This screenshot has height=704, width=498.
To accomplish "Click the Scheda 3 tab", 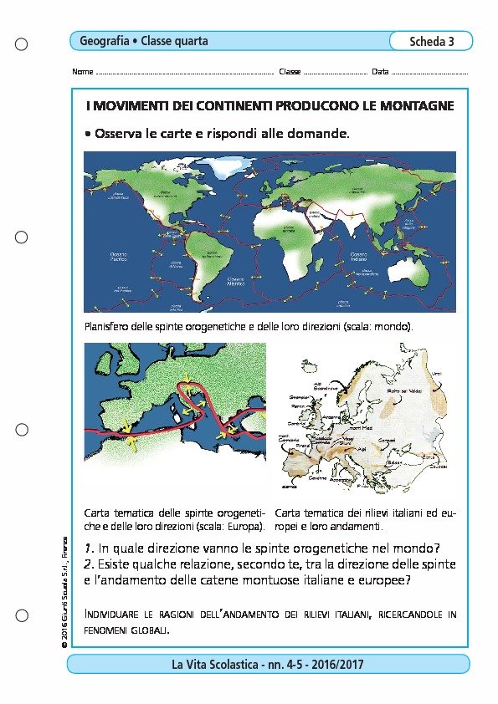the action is (431, 42).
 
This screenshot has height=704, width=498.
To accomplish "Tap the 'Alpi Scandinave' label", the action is (327, 385).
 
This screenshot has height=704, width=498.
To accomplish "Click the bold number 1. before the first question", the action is (90, 548).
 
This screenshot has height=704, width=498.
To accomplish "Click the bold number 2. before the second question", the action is (90, 564).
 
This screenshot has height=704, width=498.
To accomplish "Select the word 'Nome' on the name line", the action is (83, 72).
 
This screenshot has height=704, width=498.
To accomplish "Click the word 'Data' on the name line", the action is (380, 72).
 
